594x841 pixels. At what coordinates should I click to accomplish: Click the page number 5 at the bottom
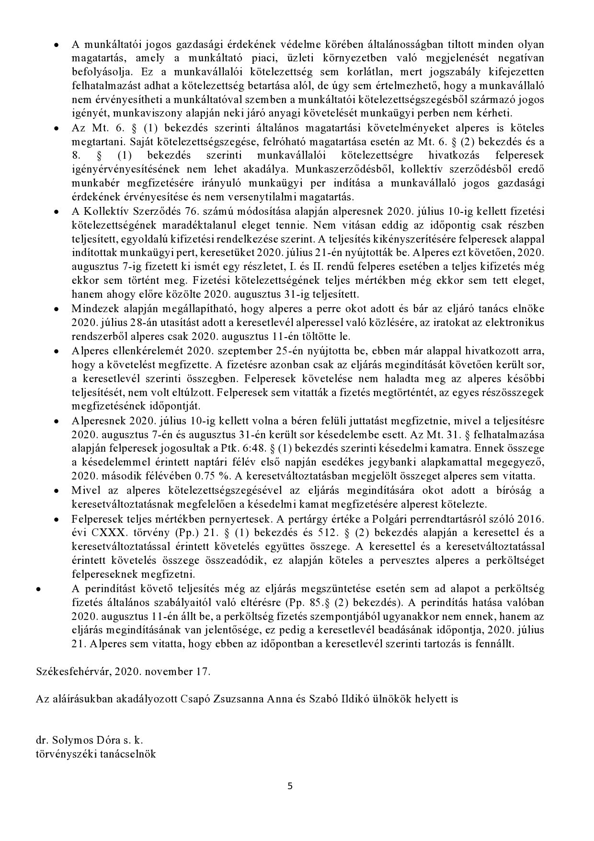pyautogui.click(x=290, y=786)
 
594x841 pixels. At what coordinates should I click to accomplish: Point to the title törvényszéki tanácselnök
pyautogui.click(x=96, y=754)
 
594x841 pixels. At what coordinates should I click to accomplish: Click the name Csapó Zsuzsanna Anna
pyautogui.click(x=223, y=699)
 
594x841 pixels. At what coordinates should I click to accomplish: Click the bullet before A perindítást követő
pyautogui.click(x=38, y=588)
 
